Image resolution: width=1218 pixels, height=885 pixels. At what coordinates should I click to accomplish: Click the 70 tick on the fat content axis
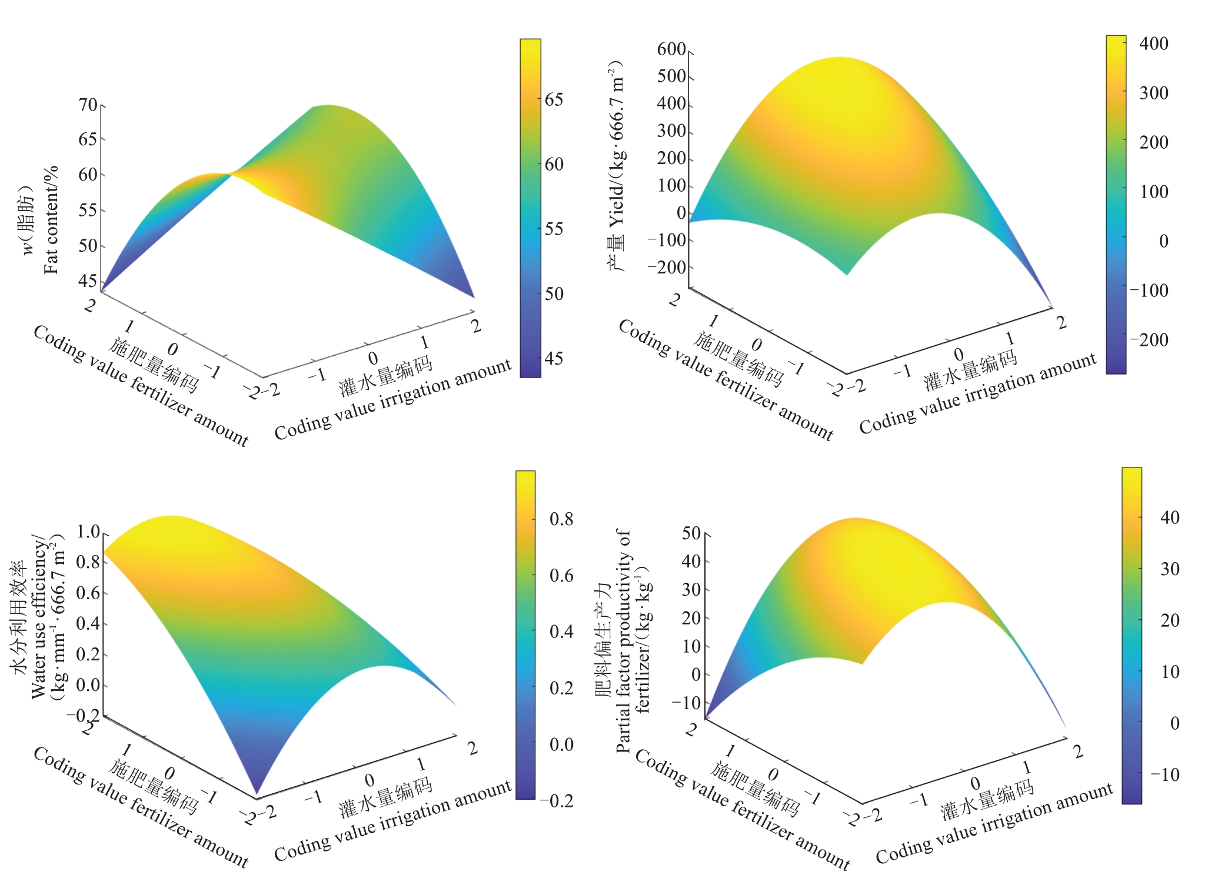point(88,105)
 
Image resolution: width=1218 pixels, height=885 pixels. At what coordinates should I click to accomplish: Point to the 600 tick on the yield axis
point(671,49)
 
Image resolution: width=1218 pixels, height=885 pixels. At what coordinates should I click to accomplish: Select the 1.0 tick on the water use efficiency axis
point(88,532)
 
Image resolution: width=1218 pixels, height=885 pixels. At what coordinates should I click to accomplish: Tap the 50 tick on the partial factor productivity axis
point(691,533)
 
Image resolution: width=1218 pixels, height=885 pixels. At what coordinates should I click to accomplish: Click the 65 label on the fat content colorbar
point(554,99)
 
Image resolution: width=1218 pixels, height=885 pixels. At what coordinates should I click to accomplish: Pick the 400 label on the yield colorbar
point(1153,44)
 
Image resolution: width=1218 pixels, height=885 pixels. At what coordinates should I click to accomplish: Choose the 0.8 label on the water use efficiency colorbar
point(561,519)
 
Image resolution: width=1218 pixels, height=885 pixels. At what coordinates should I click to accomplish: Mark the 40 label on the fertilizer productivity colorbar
point(1170,517)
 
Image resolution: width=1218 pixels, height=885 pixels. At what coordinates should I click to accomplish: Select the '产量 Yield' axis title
point(616,165)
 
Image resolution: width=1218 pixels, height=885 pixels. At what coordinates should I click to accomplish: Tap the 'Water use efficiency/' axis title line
point(38,617)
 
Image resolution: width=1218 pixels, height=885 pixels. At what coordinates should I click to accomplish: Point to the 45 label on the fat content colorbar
point(554,359)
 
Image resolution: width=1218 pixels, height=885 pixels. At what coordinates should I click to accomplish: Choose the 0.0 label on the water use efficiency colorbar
point(561,744)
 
